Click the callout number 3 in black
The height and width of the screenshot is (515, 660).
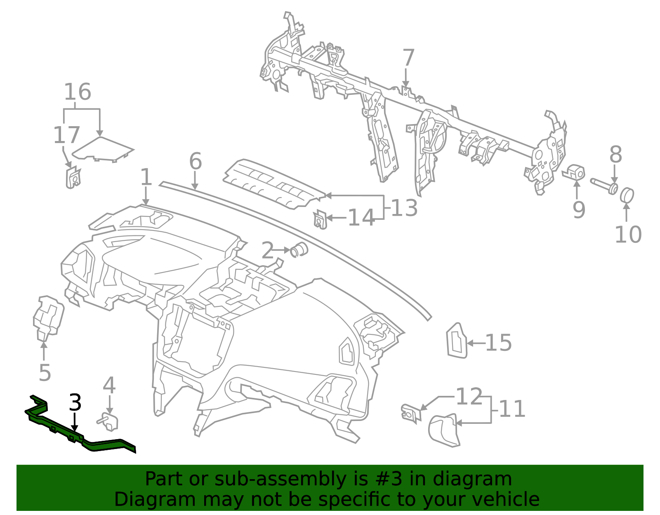point(75,402)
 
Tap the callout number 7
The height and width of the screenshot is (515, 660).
point(408,58)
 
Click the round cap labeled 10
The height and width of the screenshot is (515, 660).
point(627,195)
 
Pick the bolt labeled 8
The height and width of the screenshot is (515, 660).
point(603,185)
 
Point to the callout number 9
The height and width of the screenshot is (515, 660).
point(579,210)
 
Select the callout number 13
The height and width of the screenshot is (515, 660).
point(404,208)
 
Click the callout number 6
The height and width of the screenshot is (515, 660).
point(195,161)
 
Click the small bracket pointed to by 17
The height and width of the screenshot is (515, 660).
point(73,178)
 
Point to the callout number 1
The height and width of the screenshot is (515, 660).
point(146,177)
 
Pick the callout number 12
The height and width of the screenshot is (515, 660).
point(469,397)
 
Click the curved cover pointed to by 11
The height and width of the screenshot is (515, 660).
point(444,431)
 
